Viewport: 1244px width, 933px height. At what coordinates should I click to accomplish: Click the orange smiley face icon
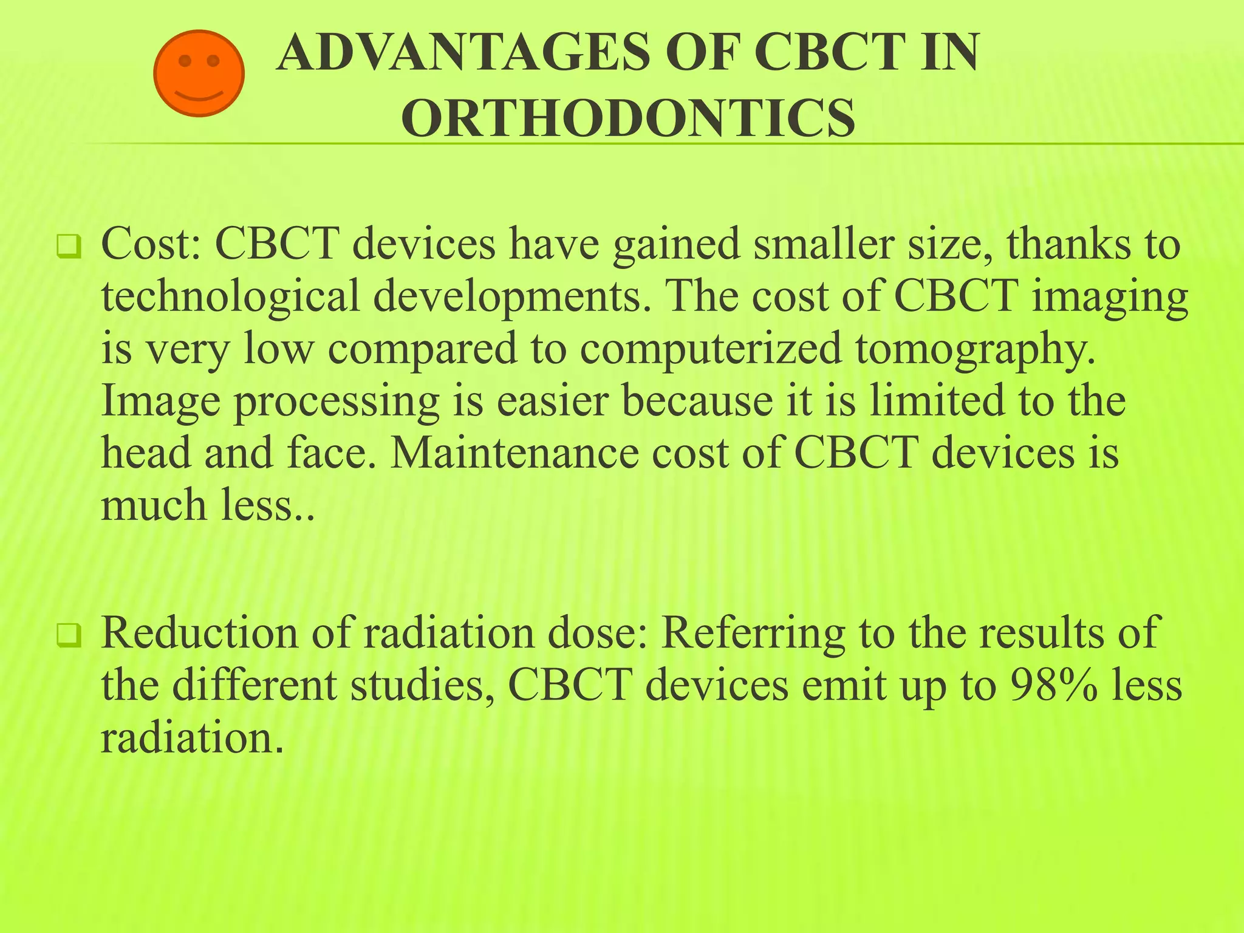pos(199,73)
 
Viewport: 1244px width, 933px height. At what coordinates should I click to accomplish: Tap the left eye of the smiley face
pos(185,61)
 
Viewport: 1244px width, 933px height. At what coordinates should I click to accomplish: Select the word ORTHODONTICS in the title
pos(628,118)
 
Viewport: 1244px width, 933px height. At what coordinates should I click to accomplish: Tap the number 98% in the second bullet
pos(1054,685)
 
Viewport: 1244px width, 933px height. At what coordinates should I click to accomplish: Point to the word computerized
pos(711,349)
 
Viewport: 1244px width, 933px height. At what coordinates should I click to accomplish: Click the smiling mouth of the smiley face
pos(199,96)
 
